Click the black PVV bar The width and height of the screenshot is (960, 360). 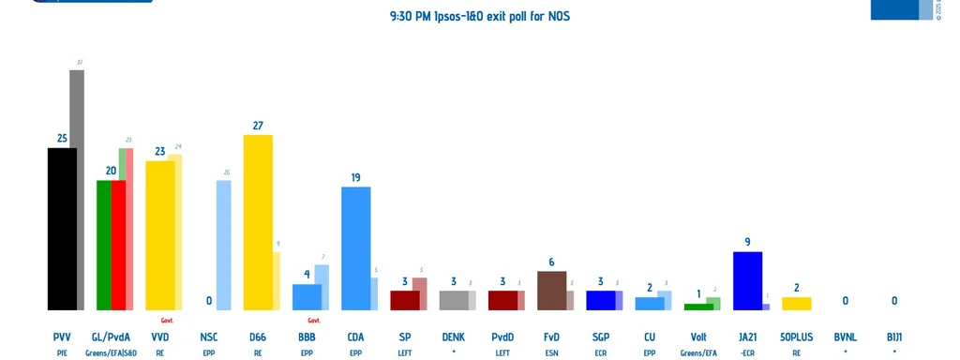[x=62, y=229]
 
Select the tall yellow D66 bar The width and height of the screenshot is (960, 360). [x=258, y=222]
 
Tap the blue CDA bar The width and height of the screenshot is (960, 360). [x=355, y=248]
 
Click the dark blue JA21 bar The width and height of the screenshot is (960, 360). [x=746, y=280]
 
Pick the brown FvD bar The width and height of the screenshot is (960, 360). [x=551, y=291]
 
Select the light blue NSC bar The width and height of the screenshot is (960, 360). [x=224, y=245]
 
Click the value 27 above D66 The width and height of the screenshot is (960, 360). [x=258, y=125]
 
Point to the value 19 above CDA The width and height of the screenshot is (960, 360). [x=355, y=177]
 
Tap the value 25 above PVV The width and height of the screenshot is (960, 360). [x=62, y=138]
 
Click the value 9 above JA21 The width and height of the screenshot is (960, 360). [x=747, y=242]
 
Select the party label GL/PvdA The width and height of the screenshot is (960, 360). [x=111, y=337]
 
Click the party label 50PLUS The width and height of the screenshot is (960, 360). [x=796, y=337]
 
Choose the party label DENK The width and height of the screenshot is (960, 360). [x=453, y=337]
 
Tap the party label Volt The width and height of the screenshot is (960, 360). [x=697, y=337]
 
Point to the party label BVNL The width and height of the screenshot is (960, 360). [x=845, y=337]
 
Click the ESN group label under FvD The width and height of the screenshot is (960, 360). [x=551, y=352]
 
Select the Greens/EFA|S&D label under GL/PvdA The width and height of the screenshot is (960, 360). [x=111, y=352]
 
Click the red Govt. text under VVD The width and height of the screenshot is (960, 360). [x=167, y=320]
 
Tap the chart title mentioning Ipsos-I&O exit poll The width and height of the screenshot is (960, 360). [x=479, y=16]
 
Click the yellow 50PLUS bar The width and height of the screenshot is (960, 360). [x=796, y=303]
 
